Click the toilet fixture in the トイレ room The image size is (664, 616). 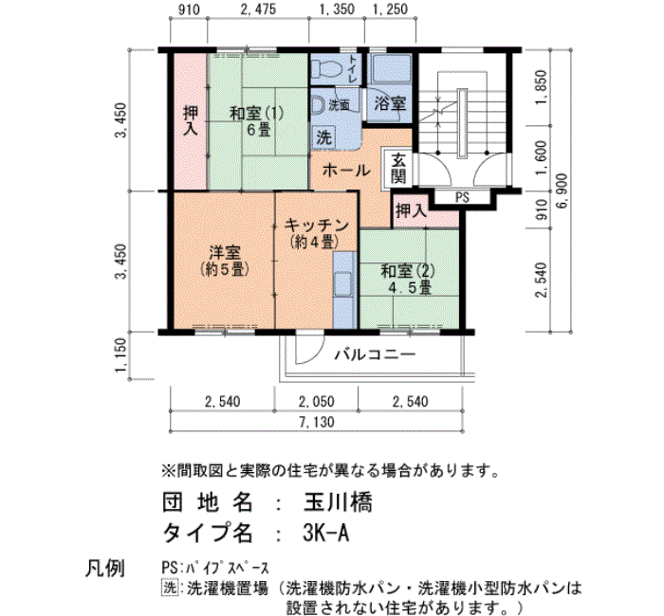[x=327, y=67]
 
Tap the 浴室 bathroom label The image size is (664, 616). [x=390, y=103]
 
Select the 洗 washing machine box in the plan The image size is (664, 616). [x=324, y=137]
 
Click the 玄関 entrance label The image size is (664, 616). [x=398, y=168]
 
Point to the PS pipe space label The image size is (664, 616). [x=463, y=197]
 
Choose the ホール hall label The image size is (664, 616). [x=346, y=171]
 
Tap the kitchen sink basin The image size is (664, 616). [x=343, y=283]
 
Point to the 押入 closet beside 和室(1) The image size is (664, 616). [x=191, y=120]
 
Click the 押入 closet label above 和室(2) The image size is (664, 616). [x=411, y=210]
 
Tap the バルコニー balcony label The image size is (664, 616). [x=376, y=354]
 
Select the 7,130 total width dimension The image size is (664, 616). [x=316, y=422]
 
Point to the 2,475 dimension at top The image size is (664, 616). [x=258, y=9]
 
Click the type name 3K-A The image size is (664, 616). [x=326, y=533]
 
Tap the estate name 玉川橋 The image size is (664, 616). [x=338, y=503]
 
